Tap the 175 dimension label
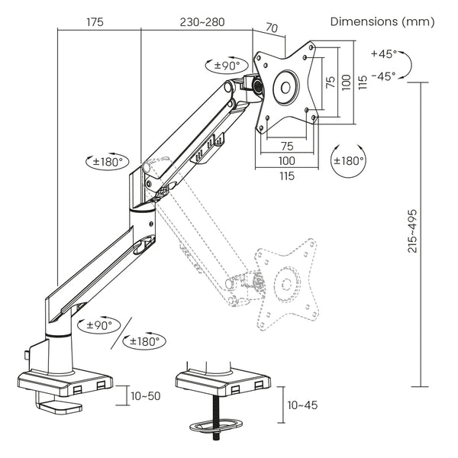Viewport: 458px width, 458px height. pos(95,21)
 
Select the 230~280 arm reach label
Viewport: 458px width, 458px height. pos(202,21)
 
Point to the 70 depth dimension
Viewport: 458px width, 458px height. pos(271,28)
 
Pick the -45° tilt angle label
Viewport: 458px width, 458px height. pos(383,76)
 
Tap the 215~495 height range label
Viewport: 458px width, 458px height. pos(412,231)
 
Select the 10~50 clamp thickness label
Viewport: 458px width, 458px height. pos(144,396)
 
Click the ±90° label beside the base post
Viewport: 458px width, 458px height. pos(98,324)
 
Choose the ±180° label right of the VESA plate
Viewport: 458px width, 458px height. pos(349,161)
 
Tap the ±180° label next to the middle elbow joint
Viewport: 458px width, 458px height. pos(108,162)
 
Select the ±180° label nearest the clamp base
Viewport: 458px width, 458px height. pos(144,341)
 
